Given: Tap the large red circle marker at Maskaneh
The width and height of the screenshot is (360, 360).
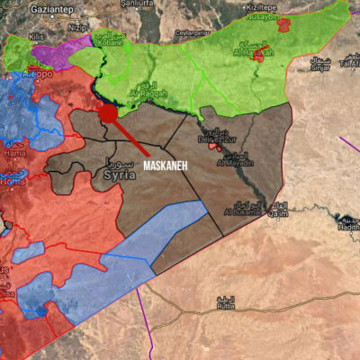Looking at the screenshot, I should coord(108,113).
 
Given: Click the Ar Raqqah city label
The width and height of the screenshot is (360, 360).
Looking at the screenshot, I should coord(148,93).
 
